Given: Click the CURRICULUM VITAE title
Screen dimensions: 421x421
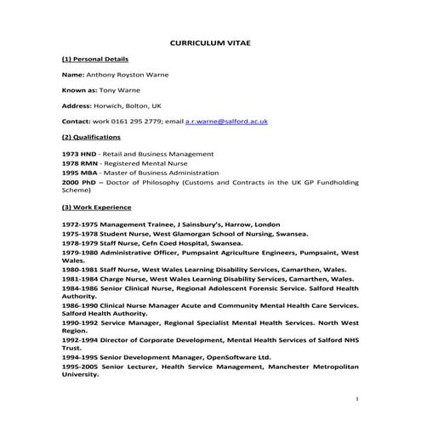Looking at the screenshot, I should coord(210,42).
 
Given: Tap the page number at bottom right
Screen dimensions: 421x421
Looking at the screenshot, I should coord(358,399).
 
